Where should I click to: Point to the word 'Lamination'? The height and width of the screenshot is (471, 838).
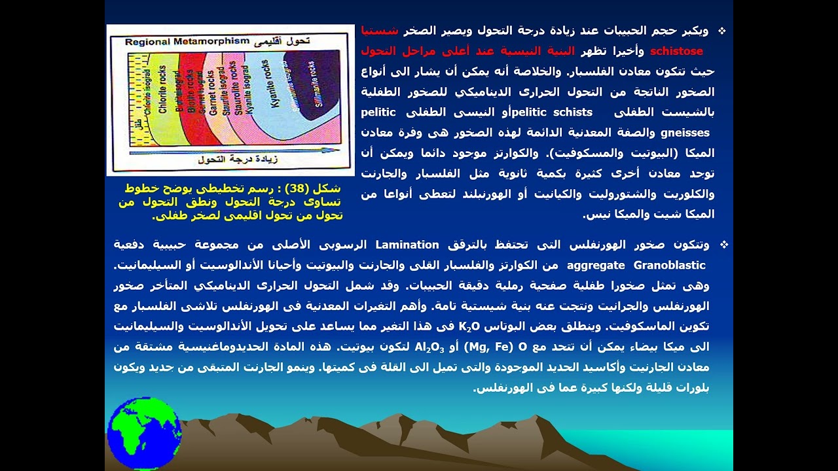click(x=407, y=245)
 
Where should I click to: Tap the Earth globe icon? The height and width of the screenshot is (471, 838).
click(x=144, y=432)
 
